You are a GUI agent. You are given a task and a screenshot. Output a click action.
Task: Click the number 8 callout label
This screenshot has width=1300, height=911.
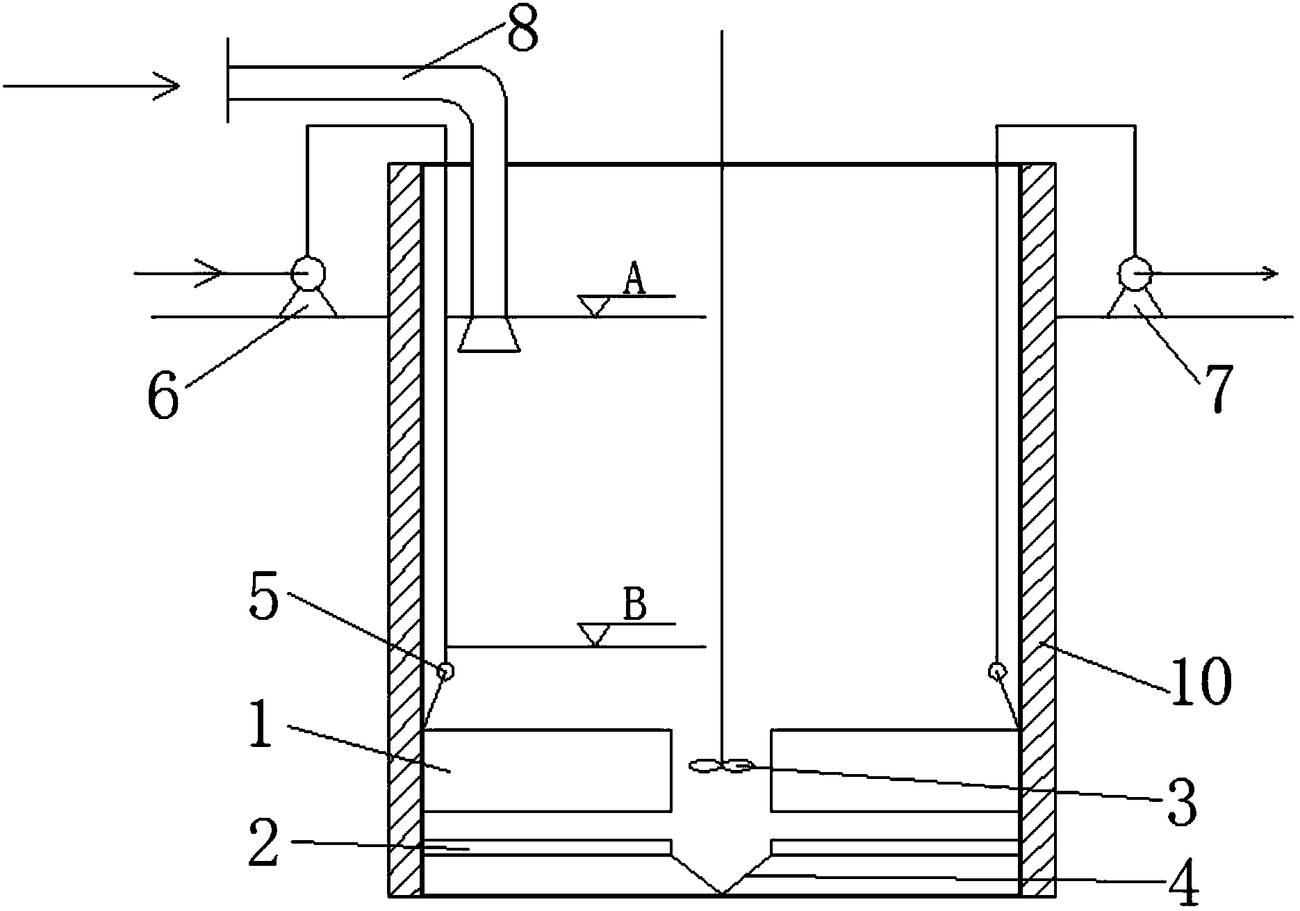point(522,28)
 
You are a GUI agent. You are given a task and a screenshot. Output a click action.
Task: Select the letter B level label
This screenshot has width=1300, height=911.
point(634,605)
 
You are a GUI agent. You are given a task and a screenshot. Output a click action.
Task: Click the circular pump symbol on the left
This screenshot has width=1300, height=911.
point(306,274)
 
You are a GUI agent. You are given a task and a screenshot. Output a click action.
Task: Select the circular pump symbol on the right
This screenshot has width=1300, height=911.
point(1133,274)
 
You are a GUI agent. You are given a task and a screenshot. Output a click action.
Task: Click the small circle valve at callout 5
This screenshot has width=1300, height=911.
point(445,671)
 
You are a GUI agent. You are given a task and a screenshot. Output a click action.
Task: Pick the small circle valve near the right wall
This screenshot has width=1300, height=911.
point(998,671)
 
